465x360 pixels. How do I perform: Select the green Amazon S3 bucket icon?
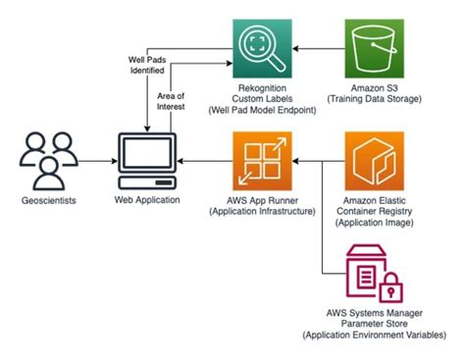click(372, 47)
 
